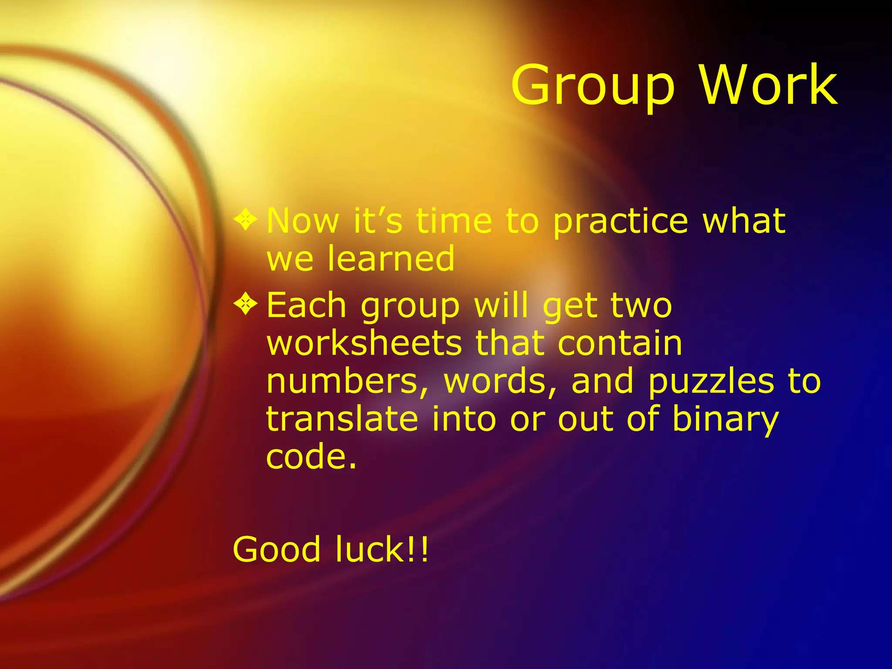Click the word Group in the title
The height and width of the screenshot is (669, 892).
[x=593, y=86]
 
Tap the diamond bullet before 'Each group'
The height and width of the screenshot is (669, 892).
[x=246, y=303]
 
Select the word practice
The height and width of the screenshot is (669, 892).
[x=621, y=222]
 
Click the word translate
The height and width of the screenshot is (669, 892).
[x=342, y=419]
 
